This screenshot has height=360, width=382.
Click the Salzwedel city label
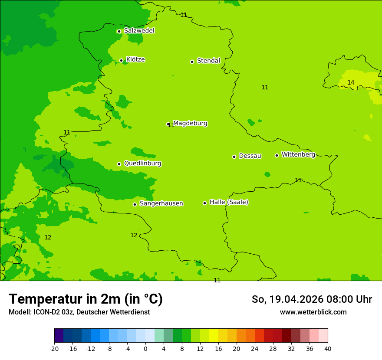[139, 31]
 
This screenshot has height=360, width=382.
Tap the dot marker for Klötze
[121, 60]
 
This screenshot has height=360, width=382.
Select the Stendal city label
[208, 61]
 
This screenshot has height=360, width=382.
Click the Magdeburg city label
[190, 124]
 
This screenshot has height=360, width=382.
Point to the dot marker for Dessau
[234, 157]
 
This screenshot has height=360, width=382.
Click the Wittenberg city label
[298, 155]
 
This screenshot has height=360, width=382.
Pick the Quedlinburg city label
[142, 164]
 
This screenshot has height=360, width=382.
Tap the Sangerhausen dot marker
[135, 204]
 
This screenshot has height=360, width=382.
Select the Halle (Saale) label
[229, 202]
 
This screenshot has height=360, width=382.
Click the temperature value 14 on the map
[351, 82]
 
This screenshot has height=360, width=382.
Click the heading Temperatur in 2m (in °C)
[86, 299]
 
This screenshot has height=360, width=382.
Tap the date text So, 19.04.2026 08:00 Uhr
[312, 299]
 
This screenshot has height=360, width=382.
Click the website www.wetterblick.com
[313, 312]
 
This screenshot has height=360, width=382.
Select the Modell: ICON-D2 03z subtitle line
[79, 312]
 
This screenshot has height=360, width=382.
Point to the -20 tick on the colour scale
[54, 349]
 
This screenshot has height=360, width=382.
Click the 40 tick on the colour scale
[327, 349]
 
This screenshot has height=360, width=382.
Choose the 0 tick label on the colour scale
[145, 349]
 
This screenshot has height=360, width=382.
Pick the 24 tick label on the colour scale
[254, 349]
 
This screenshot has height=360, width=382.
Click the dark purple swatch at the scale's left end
[59, 336]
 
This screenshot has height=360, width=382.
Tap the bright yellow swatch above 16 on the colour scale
[214, 336]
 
